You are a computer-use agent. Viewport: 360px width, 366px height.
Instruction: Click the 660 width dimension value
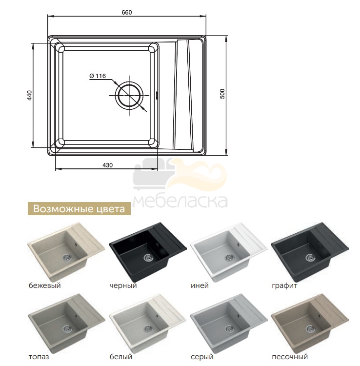pos(127,12)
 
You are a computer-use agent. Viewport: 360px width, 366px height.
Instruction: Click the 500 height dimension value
pos(222,94)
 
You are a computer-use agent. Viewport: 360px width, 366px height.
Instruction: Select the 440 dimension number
pos(29,95)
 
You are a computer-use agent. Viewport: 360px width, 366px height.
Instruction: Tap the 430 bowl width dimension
pos(107,165)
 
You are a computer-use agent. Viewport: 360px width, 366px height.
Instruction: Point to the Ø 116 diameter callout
pos(98,76)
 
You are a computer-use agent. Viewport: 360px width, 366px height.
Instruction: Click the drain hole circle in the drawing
pos(129,95)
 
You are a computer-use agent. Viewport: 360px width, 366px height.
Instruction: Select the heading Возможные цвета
pos(79,209)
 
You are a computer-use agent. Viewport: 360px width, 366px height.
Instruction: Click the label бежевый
pos(44,285)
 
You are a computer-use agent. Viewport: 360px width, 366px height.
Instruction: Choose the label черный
pos(123,285)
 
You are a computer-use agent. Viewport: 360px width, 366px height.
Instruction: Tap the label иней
pos(200,285)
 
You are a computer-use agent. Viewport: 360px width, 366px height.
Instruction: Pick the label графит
pos(284,285)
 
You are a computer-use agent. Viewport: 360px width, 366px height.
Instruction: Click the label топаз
pos(39,357)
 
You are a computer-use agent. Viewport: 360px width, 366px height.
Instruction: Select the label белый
pos(121,357)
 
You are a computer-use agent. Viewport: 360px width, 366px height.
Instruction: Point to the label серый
pos(202,357)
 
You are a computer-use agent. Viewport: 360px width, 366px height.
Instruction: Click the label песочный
pos(290,357)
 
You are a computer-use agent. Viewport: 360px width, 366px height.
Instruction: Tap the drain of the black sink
pos(148,257)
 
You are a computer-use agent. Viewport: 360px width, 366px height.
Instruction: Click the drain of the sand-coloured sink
pos(310,328)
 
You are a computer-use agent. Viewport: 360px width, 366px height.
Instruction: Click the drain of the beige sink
pos(67,257)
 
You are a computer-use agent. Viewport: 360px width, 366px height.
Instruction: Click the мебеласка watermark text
pos(180,201)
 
